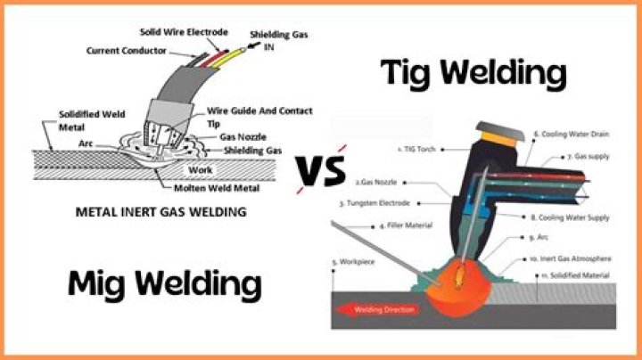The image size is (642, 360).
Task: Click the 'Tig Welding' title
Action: (473, 72)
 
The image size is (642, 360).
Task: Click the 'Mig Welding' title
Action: (165, 284)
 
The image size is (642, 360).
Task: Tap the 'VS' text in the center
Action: (321, 169)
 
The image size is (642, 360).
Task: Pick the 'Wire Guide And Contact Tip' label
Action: (259, 116)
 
